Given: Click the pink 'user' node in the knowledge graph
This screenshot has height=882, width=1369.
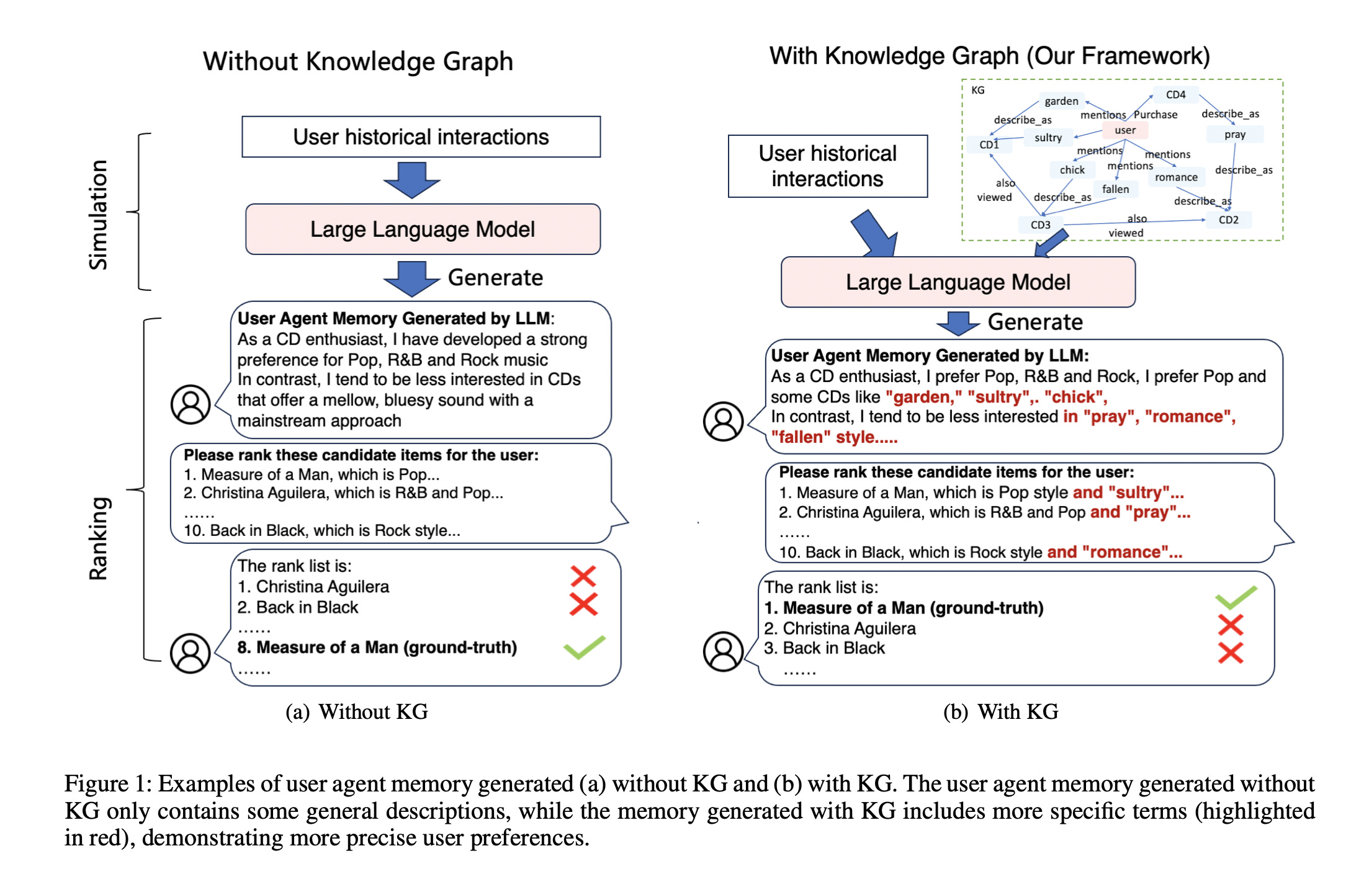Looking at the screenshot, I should pos(1124,130).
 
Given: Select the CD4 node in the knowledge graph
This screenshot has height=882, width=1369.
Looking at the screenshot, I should pos(1175,95).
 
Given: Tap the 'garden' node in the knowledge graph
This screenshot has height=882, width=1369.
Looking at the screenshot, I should pos(1061,101).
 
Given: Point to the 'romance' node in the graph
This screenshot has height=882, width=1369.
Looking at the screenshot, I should pos(1176,177).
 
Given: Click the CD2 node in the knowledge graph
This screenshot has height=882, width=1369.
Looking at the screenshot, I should pos(1228,220).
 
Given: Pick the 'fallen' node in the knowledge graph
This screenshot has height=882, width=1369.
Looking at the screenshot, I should pos(1115,189).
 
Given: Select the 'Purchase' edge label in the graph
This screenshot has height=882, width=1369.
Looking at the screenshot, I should pos(1156,115).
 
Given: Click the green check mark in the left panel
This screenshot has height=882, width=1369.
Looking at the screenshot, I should pos(584,647).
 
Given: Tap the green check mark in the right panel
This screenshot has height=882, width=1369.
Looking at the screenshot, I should pos(1236,597).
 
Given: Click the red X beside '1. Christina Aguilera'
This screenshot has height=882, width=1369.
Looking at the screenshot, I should pos(583,576).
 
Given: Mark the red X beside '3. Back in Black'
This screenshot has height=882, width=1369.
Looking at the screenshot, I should pos(1230,653).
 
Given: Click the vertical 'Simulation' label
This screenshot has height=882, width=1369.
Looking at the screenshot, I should pos(99,215).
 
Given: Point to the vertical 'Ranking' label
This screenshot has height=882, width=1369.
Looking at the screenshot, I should pos(99,538).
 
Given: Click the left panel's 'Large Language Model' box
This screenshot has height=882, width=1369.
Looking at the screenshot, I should pos(423,229).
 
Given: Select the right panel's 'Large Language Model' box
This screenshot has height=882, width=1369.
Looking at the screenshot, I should pos(958,282).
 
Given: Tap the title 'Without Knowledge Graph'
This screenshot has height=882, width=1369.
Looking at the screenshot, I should pos(358,61).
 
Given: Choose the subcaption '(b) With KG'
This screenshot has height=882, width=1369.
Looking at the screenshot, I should pos(1000,711).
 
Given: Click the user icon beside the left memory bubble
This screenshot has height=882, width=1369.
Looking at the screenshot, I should pos(191,404).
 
